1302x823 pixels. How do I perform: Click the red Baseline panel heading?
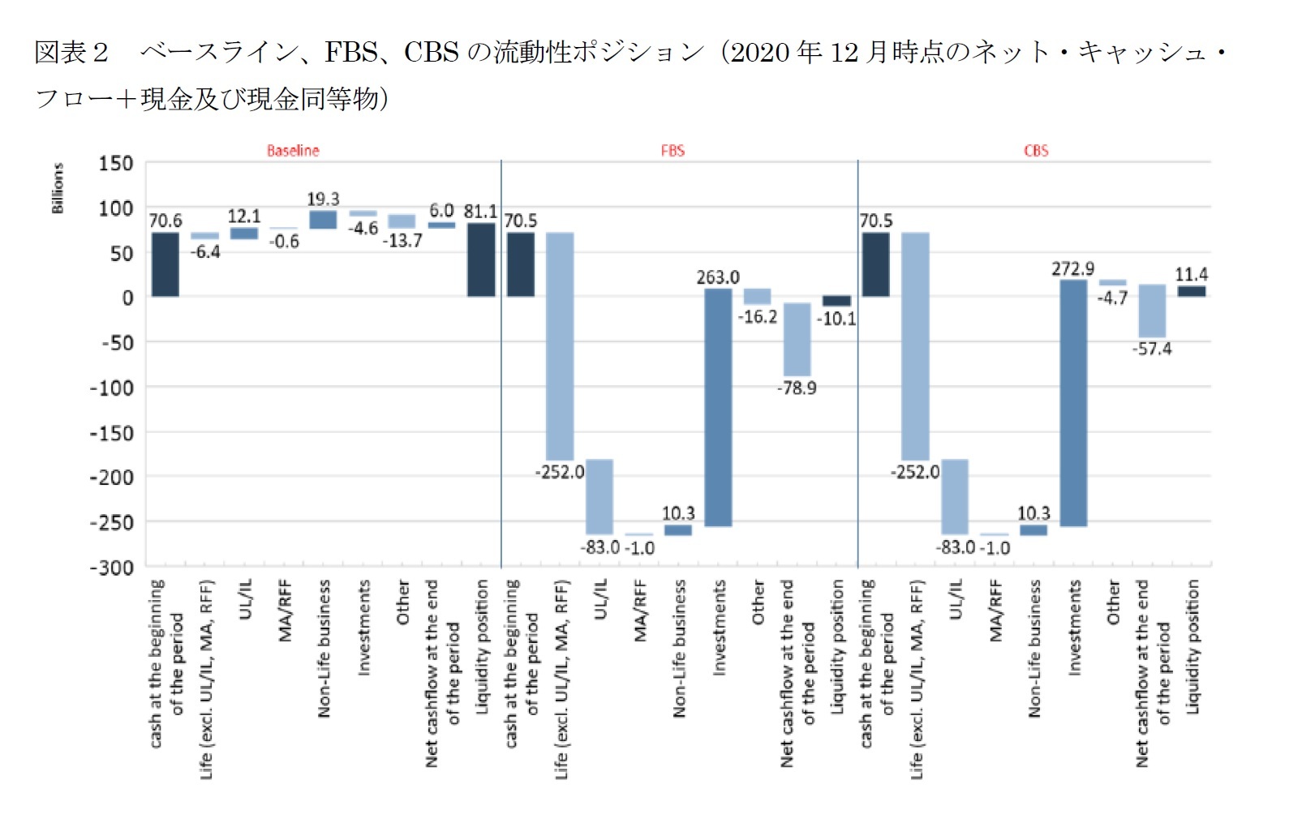point(293,151)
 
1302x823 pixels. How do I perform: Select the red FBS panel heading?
point(672,151)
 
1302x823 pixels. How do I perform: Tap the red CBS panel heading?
point(1036,151)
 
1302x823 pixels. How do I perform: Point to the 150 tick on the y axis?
point(116,164)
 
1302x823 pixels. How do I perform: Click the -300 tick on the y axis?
point(112,568)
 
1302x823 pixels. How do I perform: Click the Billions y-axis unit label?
point(58,188)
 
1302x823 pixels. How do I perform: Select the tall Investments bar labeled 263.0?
point(718,407)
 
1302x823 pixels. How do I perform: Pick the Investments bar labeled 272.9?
point(1073,403)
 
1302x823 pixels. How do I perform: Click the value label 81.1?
point(480,212)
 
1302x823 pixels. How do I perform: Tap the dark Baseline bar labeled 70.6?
point(165,264)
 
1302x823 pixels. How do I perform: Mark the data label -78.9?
point(797,388)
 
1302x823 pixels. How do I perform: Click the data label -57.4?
point(1152,349)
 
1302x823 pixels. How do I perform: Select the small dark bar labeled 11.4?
point(1191,291)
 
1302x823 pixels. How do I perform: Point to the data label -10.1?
point(836,319)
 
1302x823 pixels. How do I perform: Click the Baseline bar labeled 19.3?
point(323,220)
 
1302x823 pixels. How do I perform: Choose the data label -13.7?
point(402,241)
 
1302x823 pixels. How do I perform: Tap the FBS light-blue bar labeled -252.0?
point(560,346)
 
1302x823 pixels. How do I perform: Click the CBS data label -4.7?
point(1112,298)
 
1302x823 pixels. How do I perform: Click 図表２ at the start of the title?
point(71,53)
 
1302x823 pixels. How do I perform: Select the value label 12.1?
point(244,216)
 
